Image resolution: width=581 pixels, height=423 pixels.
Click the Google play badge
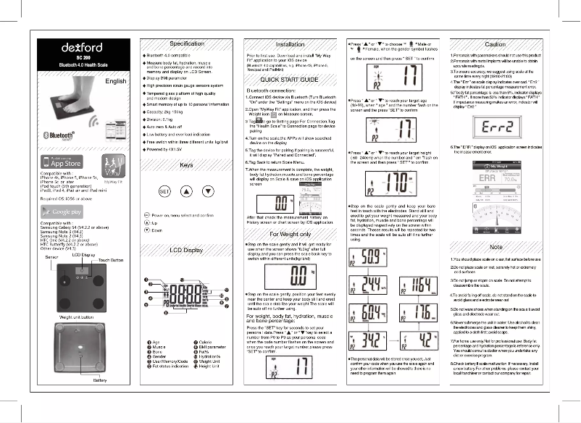pyautogui.click(x=61, y=211)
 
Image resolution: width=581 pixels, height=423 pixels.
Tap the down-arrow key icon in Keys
pyautogui.click(x=209, y=192)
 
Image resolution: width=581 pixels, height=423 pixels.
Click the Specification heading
pyautogui.click(x=186, y=44)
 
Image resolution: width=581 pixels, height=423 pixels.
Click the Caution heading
pyautogui.click(x=495, y=44)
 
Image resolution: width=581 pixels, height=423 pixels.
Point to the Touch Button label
pyautogui.click(x=111, y=259)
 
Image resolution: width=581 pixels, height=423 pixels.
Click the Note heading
pyautogui.click(x=496, y=247)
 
